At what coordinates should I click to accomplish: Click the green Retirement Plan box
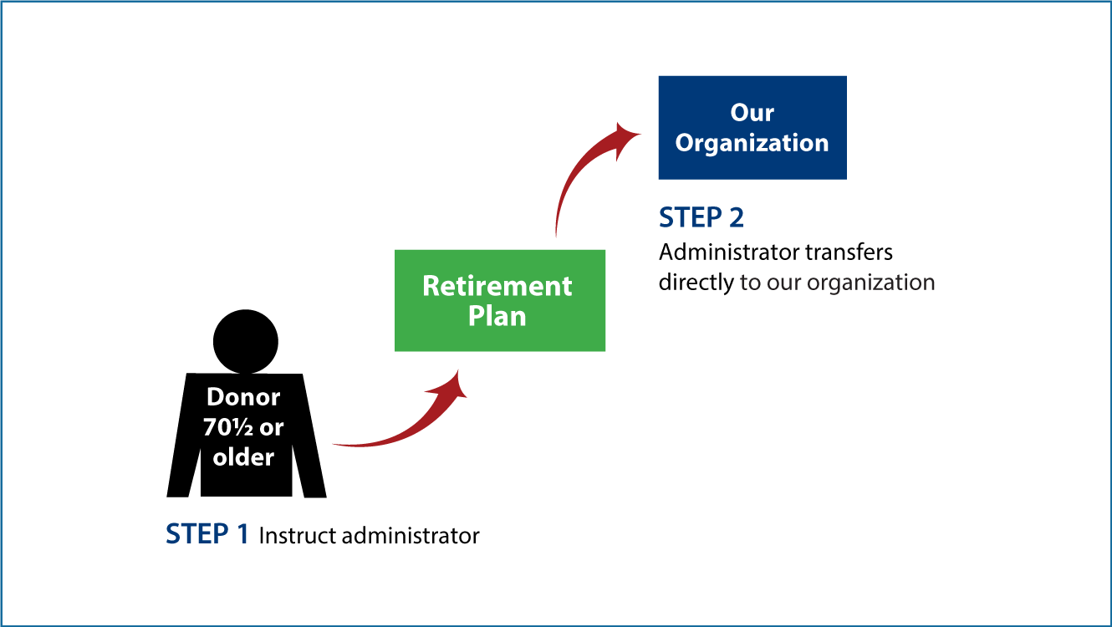click(500, 300)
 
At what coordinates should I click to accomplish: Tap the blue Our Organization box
click(752, 128)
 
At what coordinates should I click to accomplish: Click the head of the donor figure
click(246, 342)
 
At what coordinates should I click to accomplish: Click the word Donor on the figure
click(243, 397)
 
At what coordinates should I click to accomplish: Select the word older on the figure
click(243, 456)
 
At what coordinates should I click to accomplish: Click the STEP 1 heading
click(207, 534)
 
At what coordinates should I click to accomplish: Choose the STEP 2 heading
click(701, 217)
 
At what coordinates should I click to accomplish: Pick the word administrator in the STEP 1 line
click(411, 536)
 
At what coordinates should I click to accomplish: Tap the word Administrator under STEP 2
click(729, 252)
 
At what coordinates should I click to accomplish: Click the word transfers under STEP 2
click(849, 252)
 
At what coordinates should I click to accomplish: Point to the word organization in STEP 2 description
click(870, 283)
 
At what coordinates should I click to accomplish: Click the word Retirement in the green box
click(497, 286)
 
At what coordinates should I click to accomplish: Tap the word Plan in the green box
click(497, 316)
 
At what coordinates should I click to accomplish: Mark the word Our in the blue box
click(752, 113)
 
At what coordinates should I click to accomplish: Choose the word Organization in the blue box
click(752, 144)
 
